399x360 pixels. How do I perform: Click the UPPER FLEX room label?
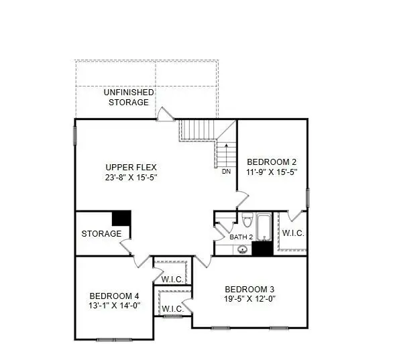131,168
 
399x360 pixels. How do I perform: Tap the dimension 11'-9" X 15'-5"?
272,172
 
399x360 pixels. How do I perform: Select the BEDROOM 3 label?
249,290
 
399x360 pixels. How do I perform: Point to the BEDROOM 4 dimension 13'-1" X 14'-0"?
115,305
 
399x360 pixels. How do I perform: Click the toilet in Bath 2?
247,220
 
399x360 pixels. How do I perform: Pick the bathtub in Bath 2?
264,227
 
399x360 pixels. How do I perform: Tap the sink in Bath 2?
243,249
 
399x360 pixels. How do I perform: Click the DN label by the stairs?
226,172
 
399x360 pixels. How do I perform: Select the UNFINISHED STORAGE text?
129,97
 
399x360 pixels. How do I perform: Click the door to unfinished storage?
166,115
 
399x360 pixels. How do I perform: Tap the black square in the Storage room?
121,219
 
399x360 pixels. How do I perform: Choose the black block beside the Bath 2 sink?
262,249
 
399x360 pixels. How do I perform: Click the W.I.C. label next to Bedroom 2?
293,233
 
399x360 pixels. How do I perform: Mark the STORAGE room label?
101,233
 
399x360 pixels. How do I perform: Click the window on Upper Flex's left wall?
75,135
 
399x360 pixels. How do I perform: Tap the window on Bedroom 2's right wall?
308,198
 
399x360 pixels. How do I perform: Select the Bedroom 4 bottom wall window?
114,339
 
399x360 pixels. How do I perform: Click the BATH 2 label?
241,237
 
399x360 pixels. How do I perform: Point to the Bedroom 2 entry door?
242,199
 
